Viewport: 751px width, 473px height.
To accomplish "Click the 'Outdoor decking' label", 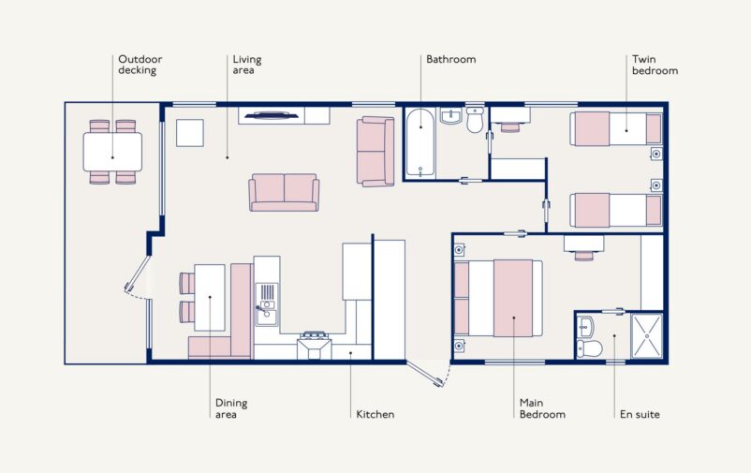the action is coord(140,65).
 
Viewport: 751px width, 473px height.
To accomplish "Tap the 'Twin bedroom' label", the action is coord(655,65).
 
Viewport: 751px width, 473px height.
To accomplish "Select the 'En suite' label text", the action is coord(640,415).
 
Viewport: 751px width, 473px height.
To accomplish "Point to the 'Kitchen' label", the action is coord(375,415).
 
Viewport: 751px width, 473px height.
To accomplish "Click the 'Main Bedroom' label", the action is coord(542,408).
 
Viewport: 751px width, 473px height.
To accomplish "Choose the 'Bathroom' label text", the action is coord(450,59).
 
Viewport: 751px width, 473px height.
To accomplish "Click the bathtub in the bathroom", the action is coord(420,142).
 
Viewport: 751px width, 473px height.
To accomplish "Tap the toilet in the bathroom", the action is coord(475,120).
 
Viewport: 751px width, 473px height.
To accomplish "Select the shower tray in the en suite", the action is coord(646,336).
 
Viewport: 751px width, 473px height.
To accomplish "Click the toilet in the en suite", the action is coord(589,348).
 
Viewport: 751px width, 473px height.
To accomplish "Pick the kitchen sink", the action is coord(266,304).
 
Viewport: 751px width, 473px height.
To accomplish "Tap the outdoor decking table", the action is coord(112,152).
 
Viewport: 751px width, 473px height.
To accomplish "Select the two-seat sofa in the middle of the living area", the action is coord(284,192).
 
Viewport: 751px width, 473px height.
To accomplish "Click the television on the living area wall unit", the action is coord(271,115).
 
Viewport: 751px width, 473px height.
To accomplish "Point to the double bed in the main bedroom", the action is coord(498,298).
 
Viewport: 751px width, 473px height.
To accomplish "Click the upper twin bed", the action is coord(616,128).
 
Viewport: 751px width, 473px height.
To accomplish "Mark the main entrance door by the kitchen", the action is coord(425,375).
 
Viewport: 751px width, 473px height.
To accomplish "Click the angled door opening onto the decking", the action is coord(137,273).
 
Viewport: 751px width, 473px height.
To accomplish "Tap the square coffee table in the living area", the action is coord(190,133).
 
